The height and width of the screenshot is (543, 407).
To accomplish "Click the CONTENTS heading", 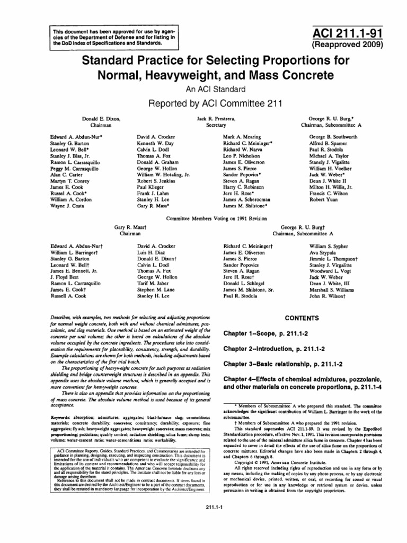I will pyautogui.click(x=302, y=319).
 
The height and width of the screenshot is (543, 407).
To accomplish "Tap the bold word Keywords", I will pyautogui.click(x=61, y=418).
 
